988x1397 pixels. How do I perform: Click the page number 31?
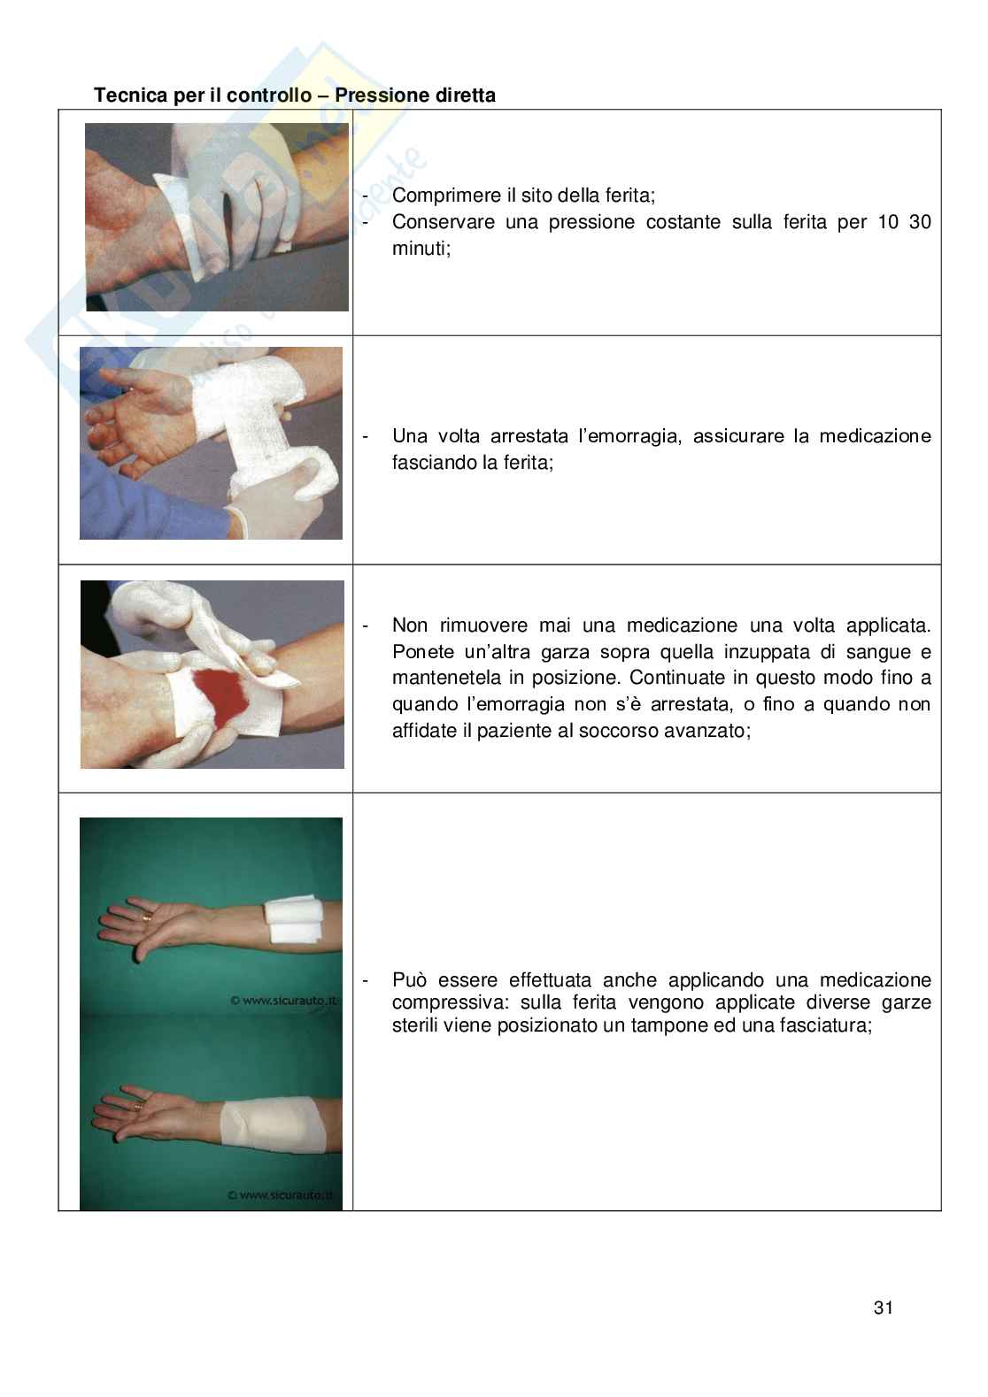pos(884,1307)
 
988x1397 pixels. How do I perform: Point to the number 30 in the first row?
pos(920,222)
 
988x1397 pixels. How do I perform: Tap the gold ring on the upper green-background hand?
pos(147,917)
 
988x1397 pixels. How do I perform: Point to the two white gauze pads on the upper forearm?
pos(293,920)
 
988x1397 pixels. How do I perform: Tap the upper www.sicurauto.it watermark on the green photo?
pos(284,1000)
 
